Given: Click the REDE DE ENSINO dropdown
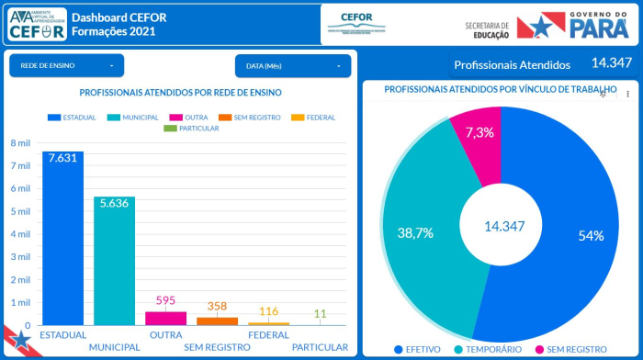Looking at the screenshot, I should point(66,65).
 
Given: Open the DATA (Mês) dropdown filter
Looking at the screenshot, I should point(292,65).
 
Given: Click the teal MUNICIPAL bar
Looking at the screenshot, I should point(114,266).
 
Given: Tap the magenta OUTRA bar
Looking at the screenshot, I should point(165,318).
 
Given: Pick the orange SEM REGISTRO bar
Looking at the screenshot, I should point(217,321).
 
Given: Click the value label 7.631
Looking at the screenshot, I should point(62,157).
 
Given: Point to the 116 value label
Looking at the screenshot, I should point(268,312).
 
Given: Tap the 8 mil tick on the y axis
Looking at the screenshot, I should point(20,143).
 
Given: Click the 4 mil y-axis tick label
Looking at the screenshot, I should point(20,234).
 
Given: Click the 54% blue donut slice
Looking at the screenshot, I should point(579,236).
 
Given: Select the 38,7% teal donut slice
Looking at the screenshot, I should point(414,233).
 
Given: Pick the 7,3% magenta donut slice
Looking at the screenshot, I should point(479,133).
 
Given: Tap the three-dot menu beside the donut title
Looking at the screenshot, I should point(628,94).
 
